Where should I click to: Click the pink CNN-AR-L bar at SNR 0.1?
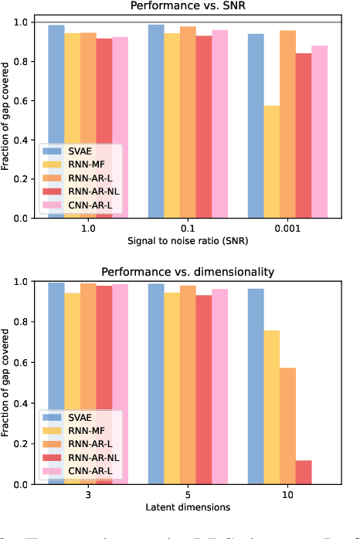[219, 124]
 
